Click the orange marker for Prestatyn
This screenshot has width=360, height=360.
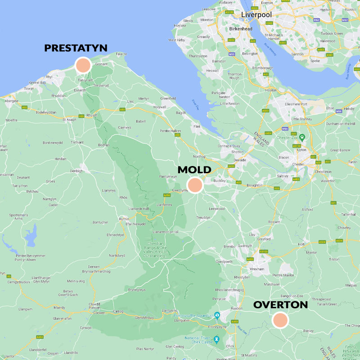pos(83,65)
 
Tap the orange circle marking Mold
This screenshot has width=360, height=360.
pos(195,185)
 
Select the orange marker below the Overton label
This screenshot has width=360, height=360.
pos(280,320)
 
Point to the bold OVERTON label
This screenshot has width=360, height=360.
pos(280,305)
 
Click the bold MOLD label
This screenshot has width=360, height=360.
pos(194,170)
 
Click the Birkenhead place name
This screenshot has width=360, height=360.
pos(240,28)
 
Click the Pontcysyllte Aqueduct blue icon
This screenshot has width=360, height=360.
pos(216,315)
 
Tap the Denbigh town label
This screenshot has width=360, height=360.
pos(76,171)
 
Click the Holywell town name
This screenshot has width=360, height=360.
pos(159,107)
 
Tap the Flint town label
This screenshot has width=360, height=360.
pos(196,126)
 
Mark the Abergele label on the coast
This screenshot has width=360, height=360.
pos(11,101)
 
